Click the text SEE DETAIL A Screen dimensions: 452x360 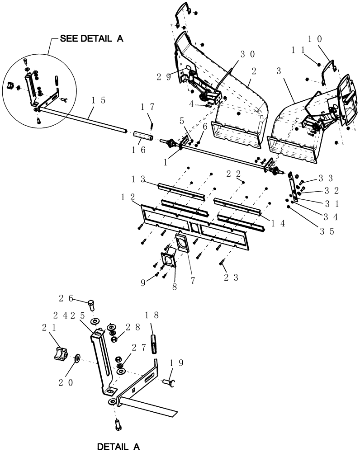[92, 40]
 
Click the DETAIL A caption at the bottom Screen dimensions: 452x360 [118, 447]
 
